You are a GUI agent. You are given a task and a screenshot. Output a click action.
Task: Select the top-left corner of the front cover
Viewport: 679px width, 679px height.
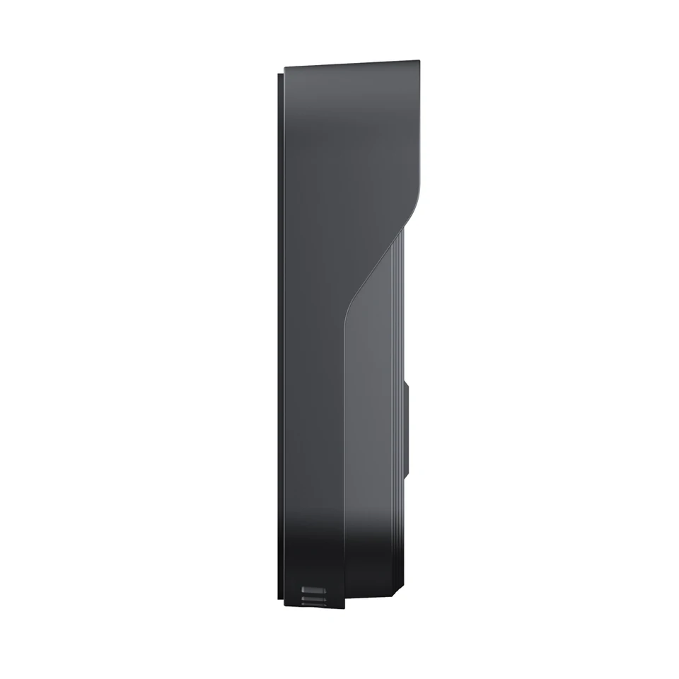click(x=285, y=69)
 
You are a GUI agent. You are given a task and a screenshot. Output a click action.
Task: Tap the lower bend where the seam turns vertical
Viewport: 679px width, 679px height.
click(x=347, y=311)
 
